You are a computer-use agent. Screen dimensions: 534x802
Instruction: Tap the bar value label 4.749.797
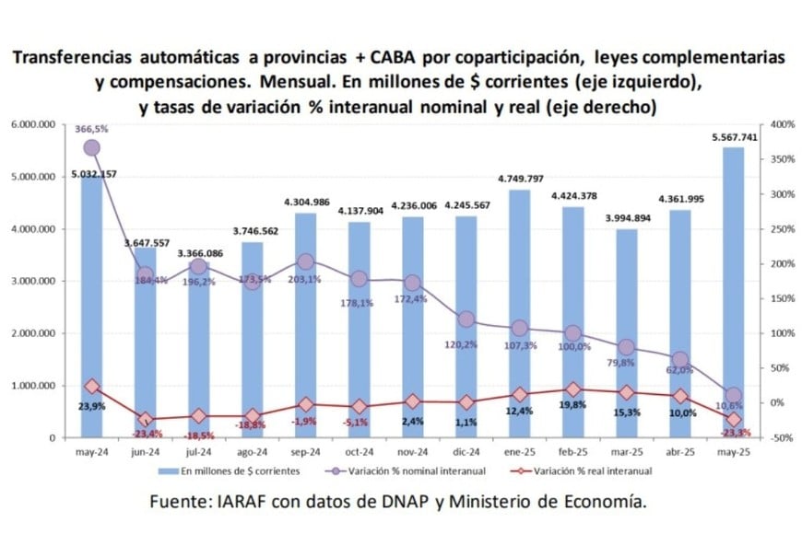[520, 178]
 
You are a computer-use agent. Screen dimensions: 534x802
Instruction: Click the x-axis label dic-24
[466, 452]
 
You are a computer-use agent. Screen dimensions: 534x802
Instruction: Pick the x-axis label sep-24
[306, 452]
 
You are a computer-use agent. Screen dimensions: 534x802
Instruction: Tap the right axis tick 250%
[781, 228]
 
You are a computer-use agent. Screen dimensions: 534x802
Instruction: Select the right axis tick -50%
[780, 437]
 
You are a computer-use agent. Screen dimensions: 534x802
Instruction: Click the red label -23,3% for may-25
[735, 432]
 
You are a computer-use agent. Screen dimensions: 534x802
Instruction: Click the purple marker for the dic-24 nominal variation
[466, 319]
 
